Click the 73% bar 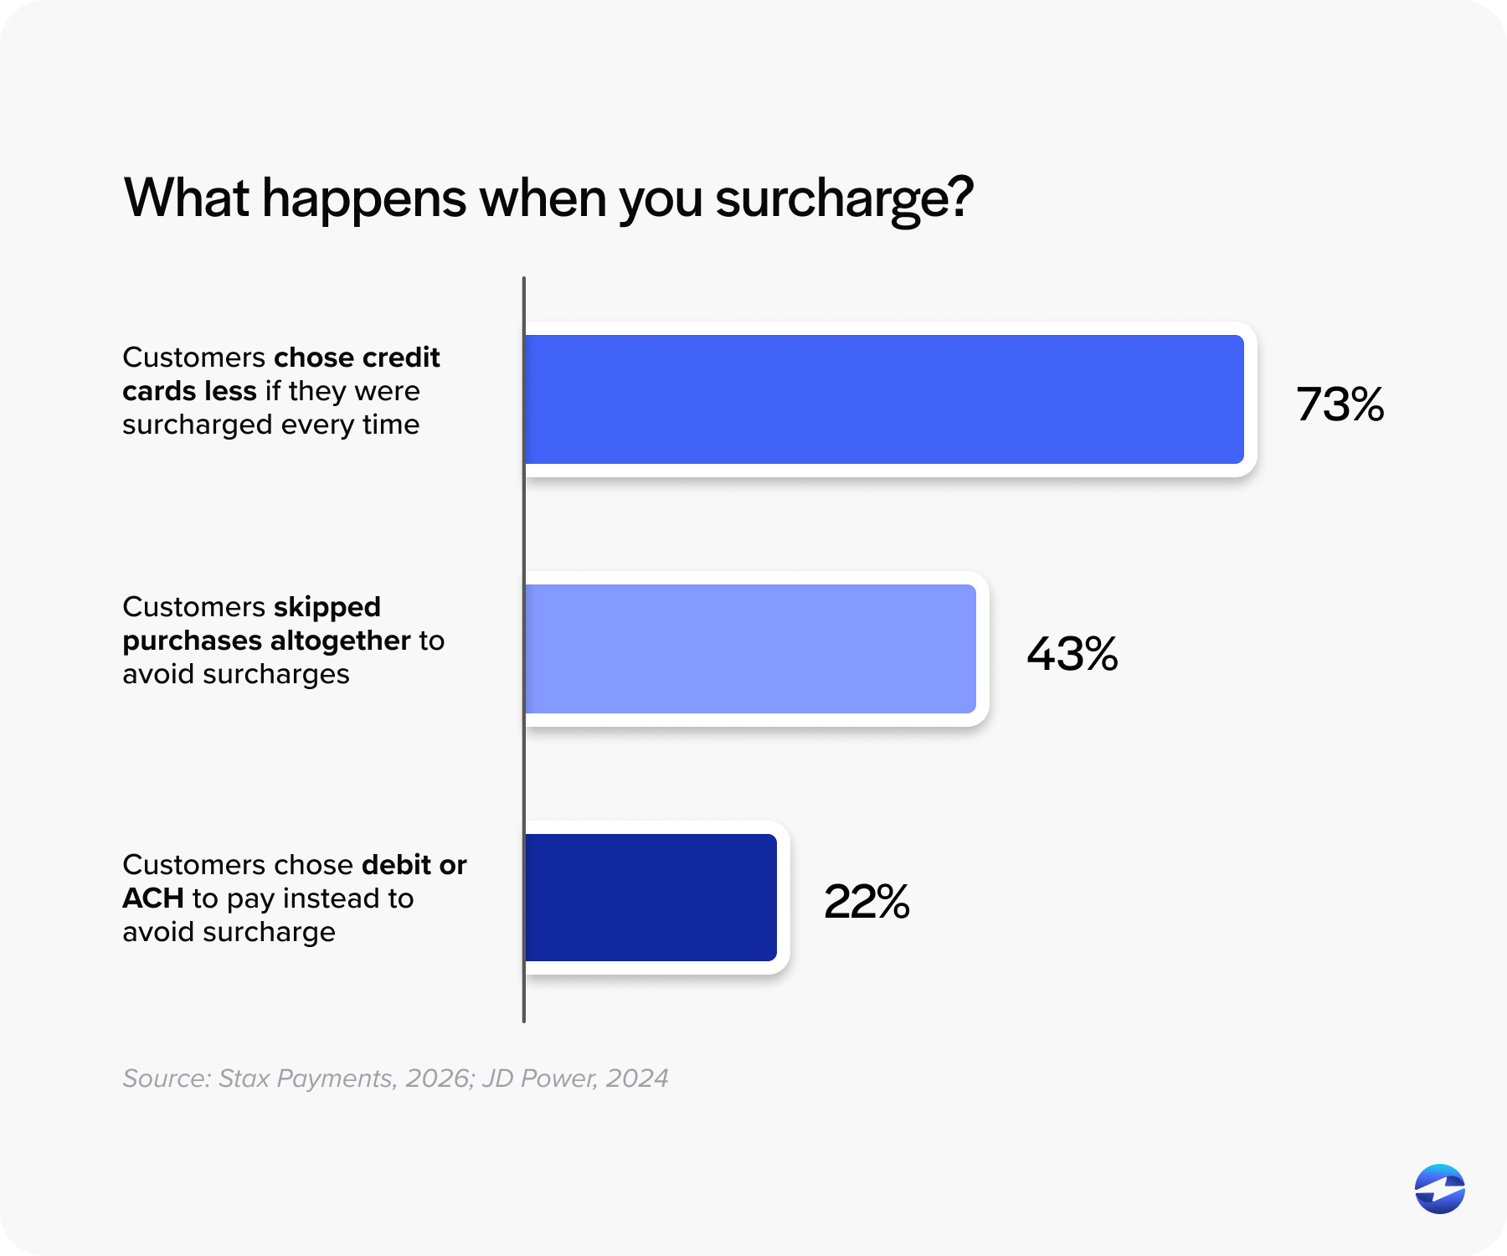(883, 399)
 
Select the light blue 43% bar (750, 649)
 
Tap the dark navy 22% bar (651, 898)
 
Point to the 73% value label (1340, 404)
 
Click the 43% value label (1072, 654)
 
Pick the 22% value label (867, 902)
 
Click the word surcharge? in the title (844, 199)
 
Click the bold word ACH (153, 898)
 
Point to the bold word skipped (327, 606)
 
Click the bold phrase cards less (189, 391)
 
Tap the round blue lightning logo (1439, 1188)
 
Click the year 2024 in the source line (637, 1078)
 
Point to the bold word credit (401, 358)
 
